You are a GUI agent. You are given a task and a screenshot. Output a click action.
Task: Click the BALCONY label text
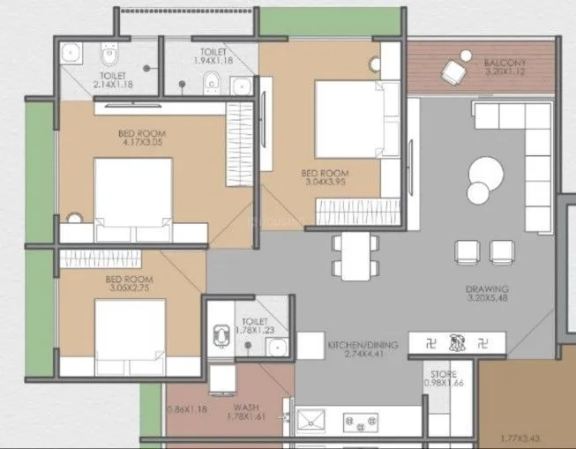click(505, 64)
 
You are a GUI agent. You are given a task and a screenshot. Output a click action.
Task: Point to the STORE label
click(442, 374)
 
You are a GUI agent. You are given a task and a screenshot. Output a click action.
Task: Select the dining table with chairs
click(355, 254)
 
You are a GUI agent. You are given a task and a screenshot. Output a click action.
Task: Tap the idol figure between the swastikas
click(457, 340)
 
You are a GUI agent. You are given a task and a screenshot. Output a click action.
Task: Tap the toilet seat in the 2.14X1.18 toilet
click(109, 56)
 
